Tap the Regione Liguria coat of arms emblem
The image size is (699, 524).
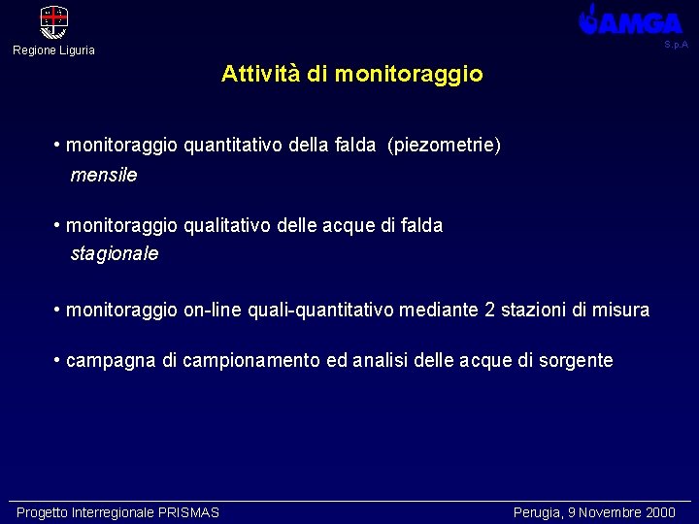click(x=53, y=21)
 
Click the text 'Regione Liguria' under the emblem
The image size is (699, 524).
click(x=53, y=50)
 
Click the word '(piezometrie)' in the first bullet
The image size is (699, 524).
click(x=444, y=146)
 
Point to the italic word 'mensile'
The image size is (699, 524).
click(x=104, y=176)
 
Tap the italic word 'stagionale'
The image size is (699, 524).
click(x=115, y=254)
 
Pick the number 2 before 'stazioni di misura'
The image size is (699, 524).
click(x=490, y=311)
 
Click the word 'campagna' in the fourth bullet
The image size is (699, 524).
click(x=111, y=361)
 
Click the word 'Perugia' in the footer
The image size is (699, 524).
click(x=536, y=512)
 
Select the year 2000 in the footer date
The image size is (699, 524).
click(x=659, y=512)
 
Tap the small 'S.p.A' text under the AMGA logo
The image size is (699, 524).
click(x=676, y=45)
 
